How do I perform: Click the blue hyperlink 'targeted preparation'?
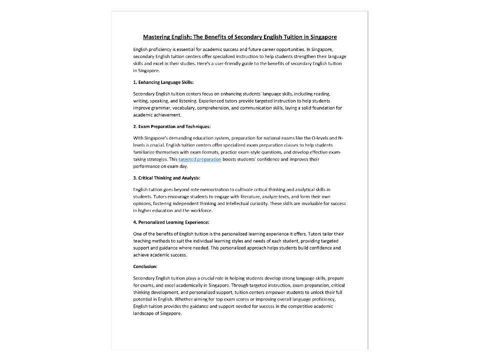(x=200, y=159)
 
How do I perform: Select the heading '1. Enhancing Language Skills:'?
(x=163, y=82)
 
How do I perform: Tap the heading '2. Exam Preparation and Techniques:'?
(x=172, y=126)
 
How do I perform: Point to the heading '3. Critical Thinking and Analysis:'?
(x=166, y=177)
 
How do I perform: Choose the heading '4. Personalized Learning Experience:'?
(x=171, y=222)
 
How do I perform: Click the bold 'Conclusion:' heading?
(x=145, y=266)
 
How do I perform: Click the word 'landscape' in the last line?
(x=144, y=313)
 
